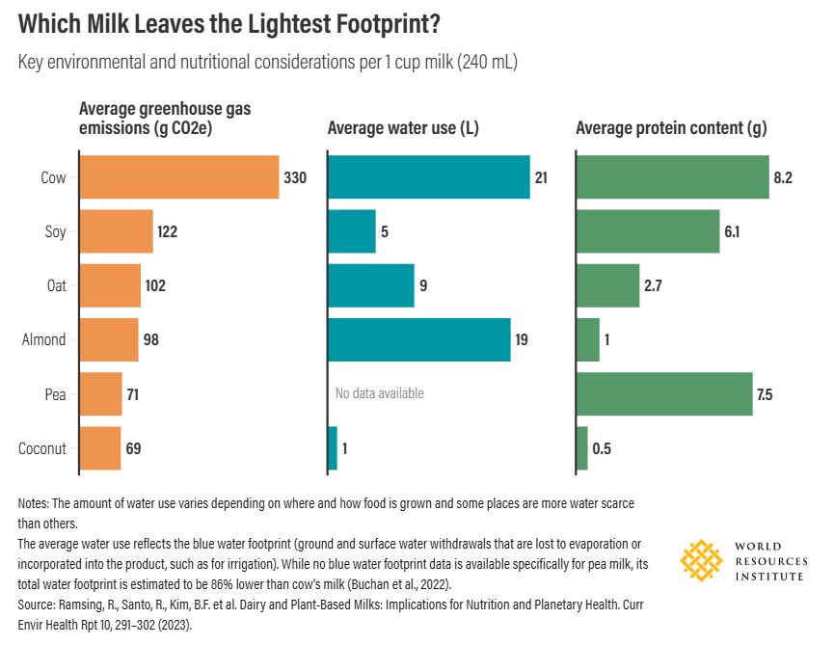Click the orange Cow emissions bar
178,177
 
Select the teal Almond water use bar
419,339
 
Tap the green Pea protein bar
664,393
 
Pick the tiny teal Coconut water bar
333,448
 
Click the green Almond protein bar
588,339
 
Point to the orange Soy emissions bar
116,231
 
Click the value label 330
295,177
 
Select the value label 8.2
783,177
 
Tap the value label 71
135,393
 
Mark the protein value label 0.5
603,448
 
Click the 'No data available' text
379,393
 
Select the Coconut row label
42,448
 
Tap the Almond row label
44,339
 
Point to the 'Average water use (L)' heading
403,128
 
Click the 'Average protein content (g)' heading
671,128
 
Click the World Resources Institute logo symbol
702,559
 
